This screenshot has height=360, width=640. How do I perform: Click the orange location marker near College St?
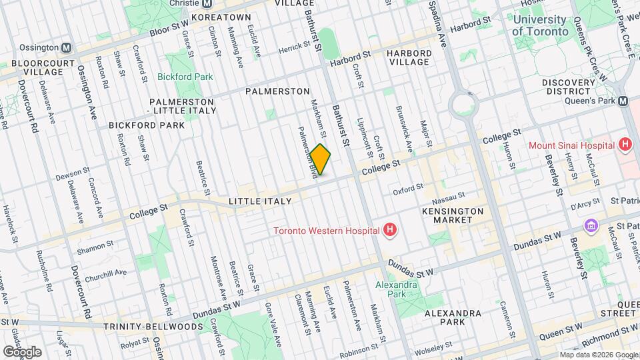coord(320,159)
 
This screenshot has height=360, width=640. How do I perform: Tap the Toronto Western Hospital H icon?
coord(391,231)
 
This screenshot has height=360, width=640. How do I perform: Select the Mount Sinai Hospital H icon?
coord(625,145)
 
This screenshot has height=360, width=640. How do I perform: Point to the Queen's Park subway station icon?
coord(623,101)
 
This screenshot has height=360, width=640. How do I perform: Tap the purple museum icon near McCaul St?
coord(589,227)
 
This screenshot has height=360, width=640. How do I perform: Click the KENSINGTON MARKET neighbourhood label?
coord(452,215)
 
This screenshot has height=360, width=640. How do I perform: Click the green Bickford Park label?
coord(185,77)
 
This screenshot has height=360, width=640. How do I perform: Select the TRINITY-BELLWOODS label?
coord(153,327)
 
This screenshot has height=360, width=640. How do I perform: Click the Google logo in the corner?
coord(22,351)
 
